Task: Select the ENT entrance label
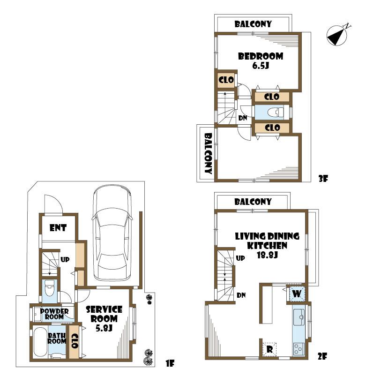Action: [x=58, y=228]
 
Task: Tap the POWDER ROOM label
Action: [x=54, y=314]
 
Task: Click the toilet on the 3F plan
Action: [x=276, y=113]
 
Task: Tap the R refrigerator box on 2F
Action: [x=269, y=350]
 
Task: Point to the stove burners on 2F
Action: [x=299, y=348]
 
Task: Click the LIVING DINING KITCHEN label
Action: [x=261, y=245]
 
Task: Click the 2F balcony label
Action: [x=253, y=202]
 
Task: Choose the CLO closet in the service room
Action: [x=74, y=341]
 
